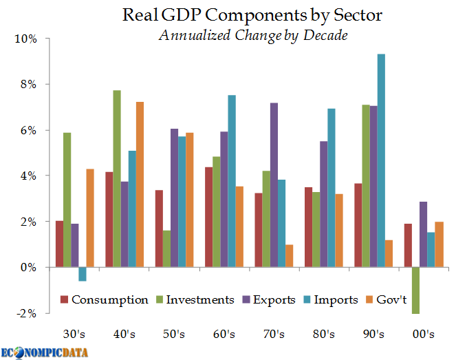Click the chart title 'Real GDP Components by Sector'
[x=252, y=14]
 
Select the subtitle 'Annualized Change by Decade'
[x=252, y=36]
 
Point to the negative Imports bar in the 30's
[x=83, y=274]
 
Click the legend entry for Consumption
[x=104, y=299]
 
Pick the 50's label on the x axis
[x=174, y=335]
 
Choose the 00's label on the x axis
[x=423, y=335]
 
